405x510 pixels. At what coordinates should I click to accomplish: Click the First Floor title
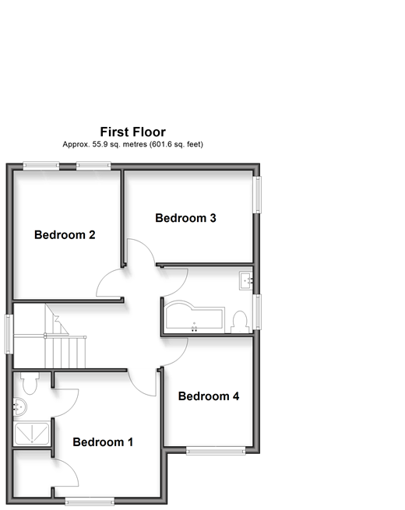pyautogui.click(x=132, y=132)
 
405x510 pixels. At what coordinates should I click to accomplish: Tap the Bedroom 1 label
pyautogui.click(x=103, y=442)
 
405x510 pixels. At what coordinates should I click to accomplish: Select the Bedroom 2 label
pyautogui.click(x=65, y=234)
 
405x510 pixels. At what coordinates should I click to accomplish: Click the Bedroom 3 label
pyautogui.click(x=185, y=218)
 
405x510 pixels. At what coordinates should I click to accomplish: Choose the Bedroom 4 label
pyautogui.click(x=209, y=396)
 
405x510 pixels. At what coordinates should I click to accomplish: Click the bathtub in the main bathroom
pyautogui.click(x=195, y=315)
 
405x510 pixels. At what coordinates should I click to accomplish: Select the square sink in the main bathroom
pyautogui.click(x=246, y=281)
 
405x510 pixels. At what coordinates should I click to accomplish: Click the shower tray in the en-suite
pyautogui.click(x=32, y=433)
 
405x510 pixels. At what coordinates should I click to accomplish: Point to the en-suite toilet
pyautogui.click(x=30, y=383)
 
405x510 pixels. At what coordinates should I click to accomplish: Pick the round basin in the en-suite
pyautogui.click(x=20, y=406)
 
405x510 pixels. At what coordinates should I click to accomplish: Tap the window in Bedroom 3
pyautogui.click(x=257, y=195)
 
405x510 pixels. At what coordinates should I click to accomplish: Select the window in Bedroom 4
pyautogui.click(x=216, y=451)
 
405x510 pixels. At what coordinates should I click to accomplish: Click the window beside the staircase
pyautogui.click(x=9, y=334)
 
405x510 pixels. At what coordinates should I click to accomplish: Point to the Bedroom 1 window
pyautogui.click(x=90, y=501)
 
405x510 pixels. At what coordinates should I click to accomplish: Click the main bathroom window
pyautogui.click(x=257, y=312)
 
